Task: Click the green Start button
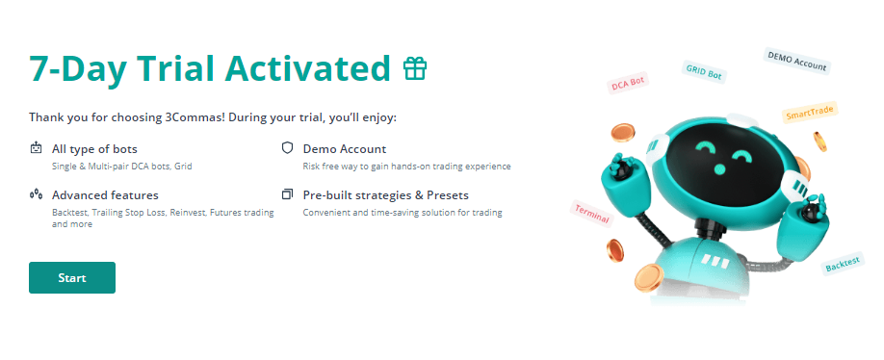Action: click(x=72, y=278)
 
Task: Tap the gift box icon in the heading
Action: click(x=415, y=68)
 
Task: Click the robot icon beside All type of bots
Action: click(x=36, y=148)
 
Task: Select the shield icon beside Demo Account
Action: click(x=288, y=148)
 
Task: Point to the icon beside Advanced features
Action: click(x=36, y=194)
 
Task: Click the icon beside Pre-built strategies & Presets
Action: click(x=288, y=194)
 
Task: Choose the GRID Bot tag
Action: click(x=703, y=72)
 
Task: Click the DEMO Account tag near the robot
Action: click(x=796, y=61)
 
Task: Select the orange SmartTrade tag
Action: click(x=810, y=113)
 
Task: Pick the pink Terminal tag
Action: click(x=591, y=214)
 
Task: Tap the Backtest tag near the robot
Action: click(x=843, y=263)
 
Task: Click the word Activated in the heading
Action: click(x=307, y=68)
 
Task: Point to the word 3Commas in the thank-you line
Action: click(x=196, y=117)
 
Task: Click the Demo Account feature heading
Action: click(x=345, y=149)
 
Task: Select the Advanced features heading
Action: click(x=105, y=195)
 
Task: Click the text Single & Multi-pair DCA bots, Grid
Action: click(x=121, y=167)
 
